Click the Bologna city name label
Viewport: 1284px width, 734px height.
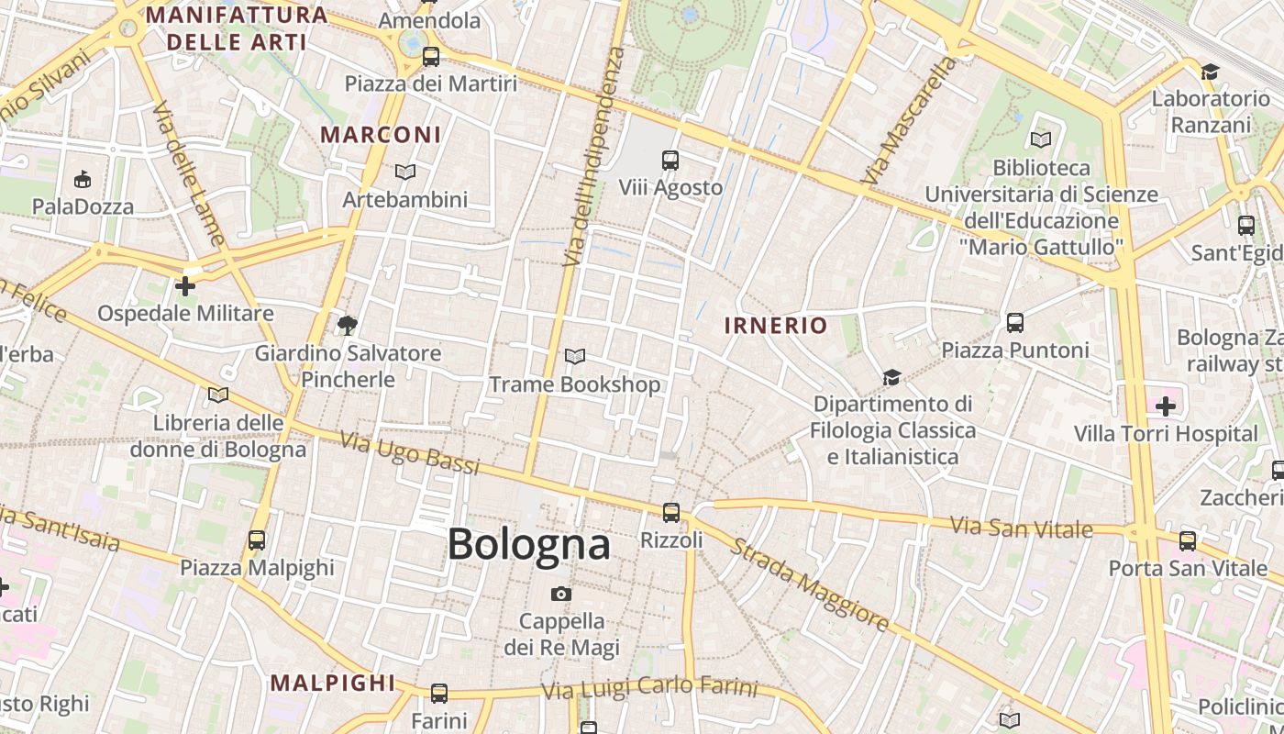tap(529, 544)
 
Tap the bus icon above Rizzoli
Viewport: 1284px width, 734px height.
tap(671, 512)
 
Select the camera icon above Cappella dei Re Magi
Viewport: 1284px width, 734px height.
tap(561, 594)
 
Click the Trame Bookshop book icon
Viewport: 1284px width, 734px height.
tap(575, 356)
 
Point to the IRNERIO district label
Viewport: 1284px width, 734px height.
tap(776, 325)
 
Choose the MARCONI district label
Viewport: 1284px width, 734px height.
tap(381, 135)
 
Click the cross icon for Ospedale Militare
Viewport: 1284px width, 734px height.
tap(185, 286)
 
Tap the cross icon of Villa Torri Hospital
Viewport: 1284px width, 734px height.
tap(1166, 406)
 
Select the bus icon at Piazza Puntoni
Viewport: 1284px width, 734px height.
tap(1014, 323)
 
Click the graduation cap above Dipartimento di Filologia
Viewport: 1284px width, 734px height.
tap(891, 377)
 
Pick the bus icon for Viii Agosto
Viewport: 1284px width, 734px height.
tap(670, 161)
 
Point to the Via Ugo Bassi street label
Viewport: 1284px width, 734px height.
tap(410, 453)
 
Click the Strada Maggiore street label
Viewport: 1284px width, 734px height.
tap(809, 584)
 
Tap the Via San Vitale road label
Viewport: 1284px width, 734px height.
tap(1021, 528)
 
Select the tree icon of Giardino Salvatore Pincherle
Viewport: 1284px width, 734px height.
tap(347, 325)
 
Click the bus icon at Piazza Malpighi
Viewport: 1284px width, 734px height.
tap(257, 540)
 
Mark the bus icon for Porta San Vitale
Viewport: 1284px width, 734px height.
tap(1188, 541)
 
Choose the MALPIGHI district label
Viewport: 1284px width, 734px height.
tap(333, 683)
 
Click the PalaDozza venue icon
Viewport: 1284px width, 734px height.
tap(83, 179)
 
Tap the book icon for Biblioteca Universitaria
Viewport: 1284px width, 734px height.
tap(1040, 139)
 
